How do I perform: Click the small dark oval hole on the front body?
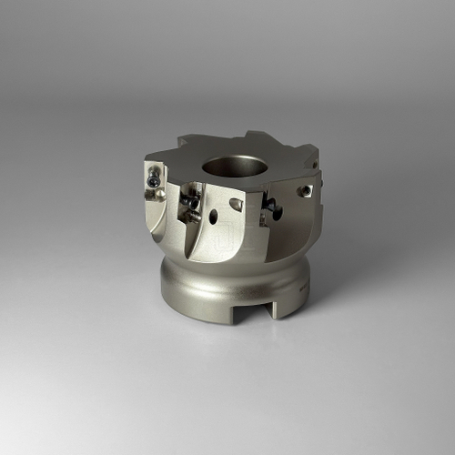[x=213, y=217]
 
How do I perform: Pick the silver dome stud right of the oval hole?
[x=235, y=206]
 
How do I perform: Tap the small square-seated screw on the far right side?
[x=305, y=191]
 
